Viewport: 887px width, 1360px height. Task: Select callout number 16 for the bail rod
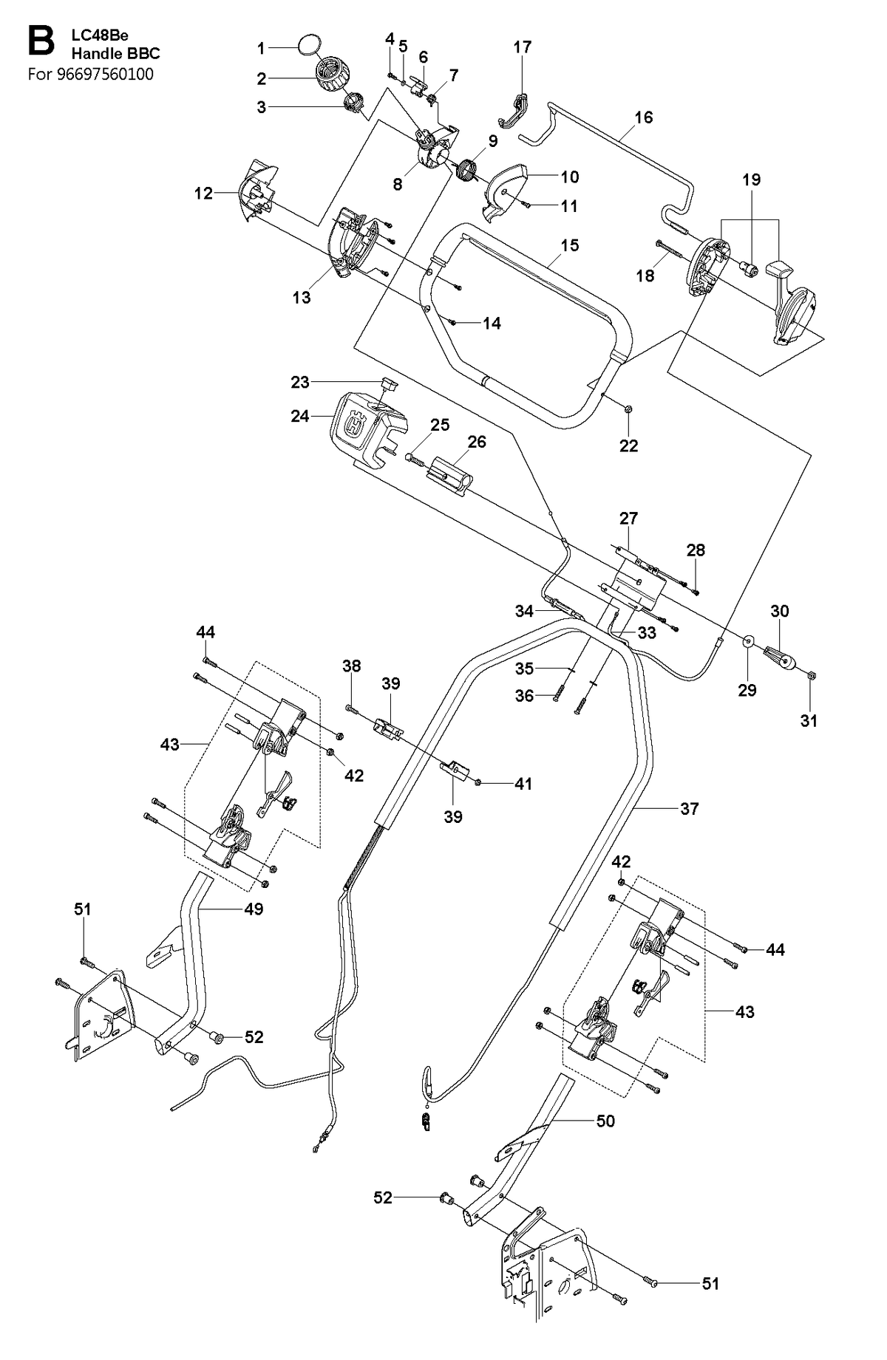(x=643, y=117)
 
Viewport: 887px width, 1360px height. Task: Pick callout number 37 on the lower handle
(x=689, y=808)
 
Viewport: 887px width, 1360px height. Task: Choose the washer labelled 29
(x=747, y=641)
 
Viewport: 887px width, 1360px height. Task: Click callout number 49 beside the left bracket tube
(x=254, y=909)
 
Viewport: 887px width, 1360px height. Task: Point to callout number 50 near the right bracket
(x=605, y=1121)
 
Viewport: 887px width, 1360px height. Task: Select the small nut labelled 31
(x=810, y=673)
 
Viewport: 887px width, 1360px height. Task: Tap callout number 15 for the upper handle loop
(x=569, y=245)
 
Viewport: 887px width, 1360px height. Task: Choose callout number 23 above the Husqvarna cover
(x=299, y=382)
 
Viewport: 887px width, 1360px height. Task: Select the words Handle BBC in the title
(x=115, y=53)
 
